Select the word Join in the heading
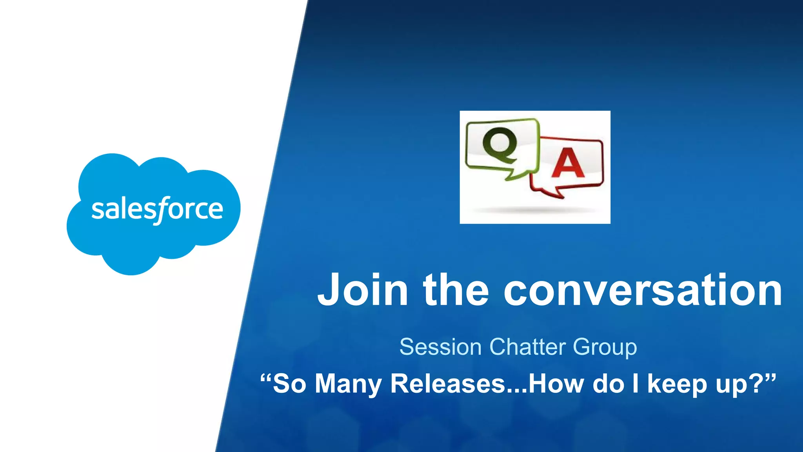click(x=363, y=290)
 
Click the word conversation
click(x=643, y=290)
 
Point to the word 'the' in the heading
click(x=456, y=290)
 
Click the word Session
click(x=440, y=347)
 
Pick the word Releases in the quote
click(x=448, y=384)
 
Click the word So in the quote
click(x=289, y=384)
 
